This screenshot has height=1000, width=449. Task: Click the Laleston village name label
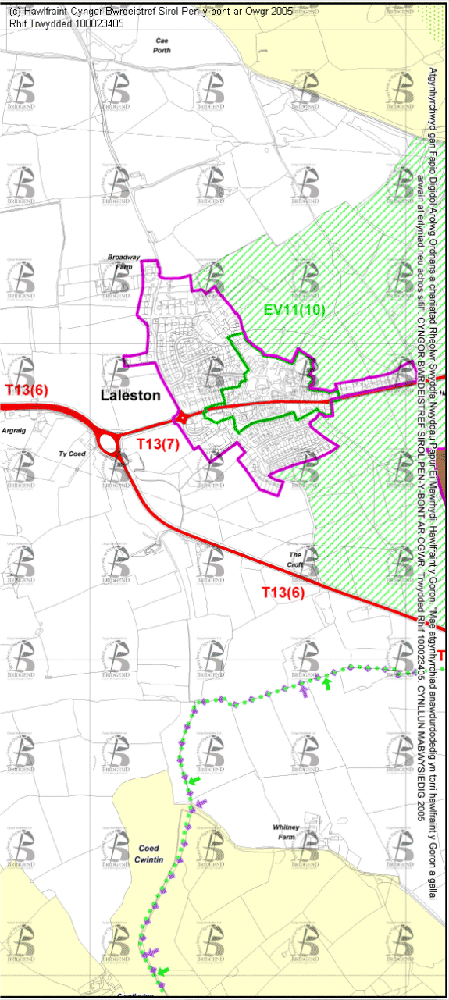(x=130, y=396)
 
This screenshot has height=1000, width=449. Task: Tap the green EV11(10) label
(x=294, y=310)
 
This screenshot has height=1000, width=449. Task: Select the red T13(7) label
(x=159, y=443)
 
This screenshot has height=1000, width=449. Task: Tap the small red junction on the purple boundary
(x=182, y=418)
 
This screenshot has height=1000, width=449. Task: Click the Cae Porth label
(x=162, y=44)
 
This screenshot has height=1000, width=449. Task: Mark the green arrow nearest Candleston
(x=163, y=970)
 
